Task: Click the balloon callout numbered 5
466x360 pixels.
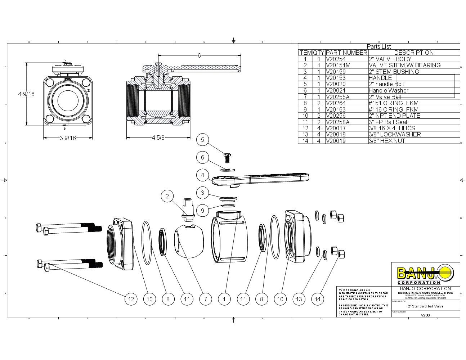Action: coord(202,140)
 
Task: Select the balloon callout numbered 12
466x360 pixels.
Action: coord(131,299)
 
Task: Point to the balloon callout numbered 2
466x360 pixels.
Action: coord(167,196)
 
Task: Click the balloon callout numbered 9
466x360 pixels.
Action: coord(202,211)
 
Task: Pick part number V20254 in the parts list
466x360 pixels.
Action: coord(336,59)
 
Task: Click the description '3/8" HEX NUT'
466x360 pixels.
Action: coord(387,141)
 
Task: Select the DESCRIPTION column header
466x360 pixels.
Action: coord(414,53)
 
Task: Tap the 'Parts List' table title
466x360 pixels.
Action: coord(378,46)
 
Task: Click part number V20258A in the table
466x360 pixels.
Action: coord(337,122)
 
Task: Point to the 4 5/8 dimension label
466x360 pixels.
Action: coord(158,138)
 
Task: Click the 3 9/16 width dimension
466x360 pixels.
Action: coord(68,138)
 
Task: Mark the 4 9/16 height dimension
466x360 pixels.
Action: coord(26,94)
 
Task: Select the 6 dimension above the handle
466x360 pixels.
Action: coord(199,55)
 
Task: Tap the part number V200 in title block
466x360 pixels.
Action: coord(425,315)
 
